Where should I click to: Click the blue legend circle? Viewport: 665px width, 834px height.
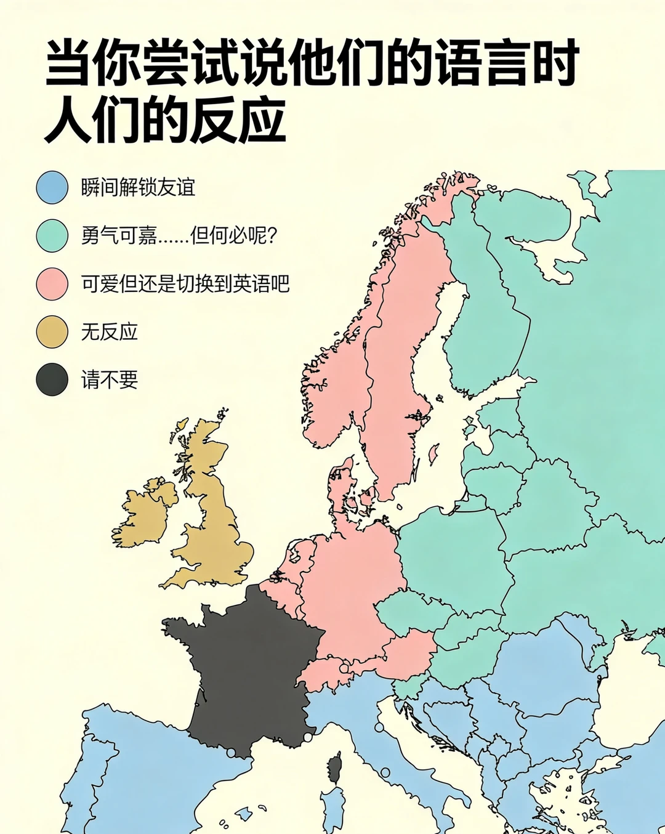click(x=52, y=187)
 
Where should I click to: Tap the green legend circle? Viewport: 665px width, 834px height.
click(x=52, y=235)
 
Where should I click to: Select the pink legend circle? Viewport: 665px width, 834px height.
click(x=52, y=284)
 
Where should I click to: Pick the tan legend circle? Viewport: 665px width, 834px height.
click(x=52, y=332)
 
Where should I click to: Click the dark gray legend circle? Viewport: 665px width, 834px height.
click(x=52, y=379)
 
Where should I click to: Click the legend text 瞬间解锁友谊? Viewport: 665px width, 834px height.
click(x=138, y=187)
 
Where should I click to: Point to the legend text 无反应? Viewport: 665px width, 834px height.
click(x=109, y=332)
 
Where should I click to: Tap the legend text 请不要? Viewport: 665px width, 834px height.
click(x=109, y=379)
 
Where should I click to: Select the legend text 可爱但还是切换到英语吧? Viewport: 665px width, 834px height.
click(x=185, y=284)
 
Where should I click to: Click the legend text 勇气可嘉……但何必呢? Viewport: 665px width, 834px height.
click(x=179, y=235)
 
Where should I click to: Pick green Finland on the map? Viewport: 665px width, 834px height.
click(x=486, y=296)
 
